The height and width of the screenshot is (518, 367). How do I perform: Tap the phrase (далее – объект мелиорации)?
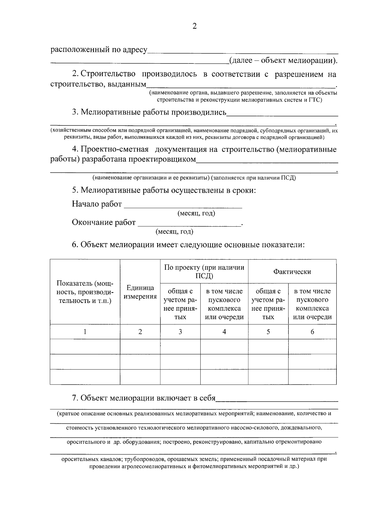pyautogui.click(x=283, y=60)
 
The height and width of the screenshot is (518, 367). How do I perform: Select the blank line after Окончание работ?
pyautogui.click(x=190, y=224)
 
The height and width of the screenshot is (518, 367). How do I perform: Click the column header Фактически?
pyautogui.click(x=292, y=272)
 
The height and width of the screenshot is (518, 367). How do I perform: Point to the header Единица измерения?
pyautogui.click(x=140, y=292)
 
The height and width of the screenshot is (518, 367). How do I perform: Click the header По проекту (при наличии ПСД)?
pyautogui.click(x=204, y=272)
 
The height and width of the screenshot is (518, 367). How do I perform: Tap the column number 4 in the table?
pyautogui.click(x=224, y=332)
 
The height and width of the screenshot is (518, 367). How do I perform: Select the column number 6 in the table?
pyautogui.click(x=312, y=332)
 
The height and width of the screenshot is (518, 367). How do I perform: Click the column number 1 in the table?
pyautogui.click(x=85, y=332)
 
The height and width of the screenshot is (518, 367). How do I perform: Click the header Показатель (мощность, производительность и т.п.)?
pyautogui.click(x=85, y=292)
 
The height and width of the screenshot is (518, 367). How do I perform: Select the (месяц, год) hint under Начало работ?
pyautogui.click(x=196, y=213)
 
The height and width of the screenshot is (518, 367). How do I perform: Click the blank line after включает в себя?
pyautogui.click(x=277, y=399)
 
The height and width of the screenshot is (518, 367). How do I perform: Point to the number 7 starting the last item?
pyautogui.click(x=74, y=398)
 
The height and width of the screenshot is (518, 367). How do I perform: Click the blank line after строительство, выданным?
pyautogui.click(x=240, y=86)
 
